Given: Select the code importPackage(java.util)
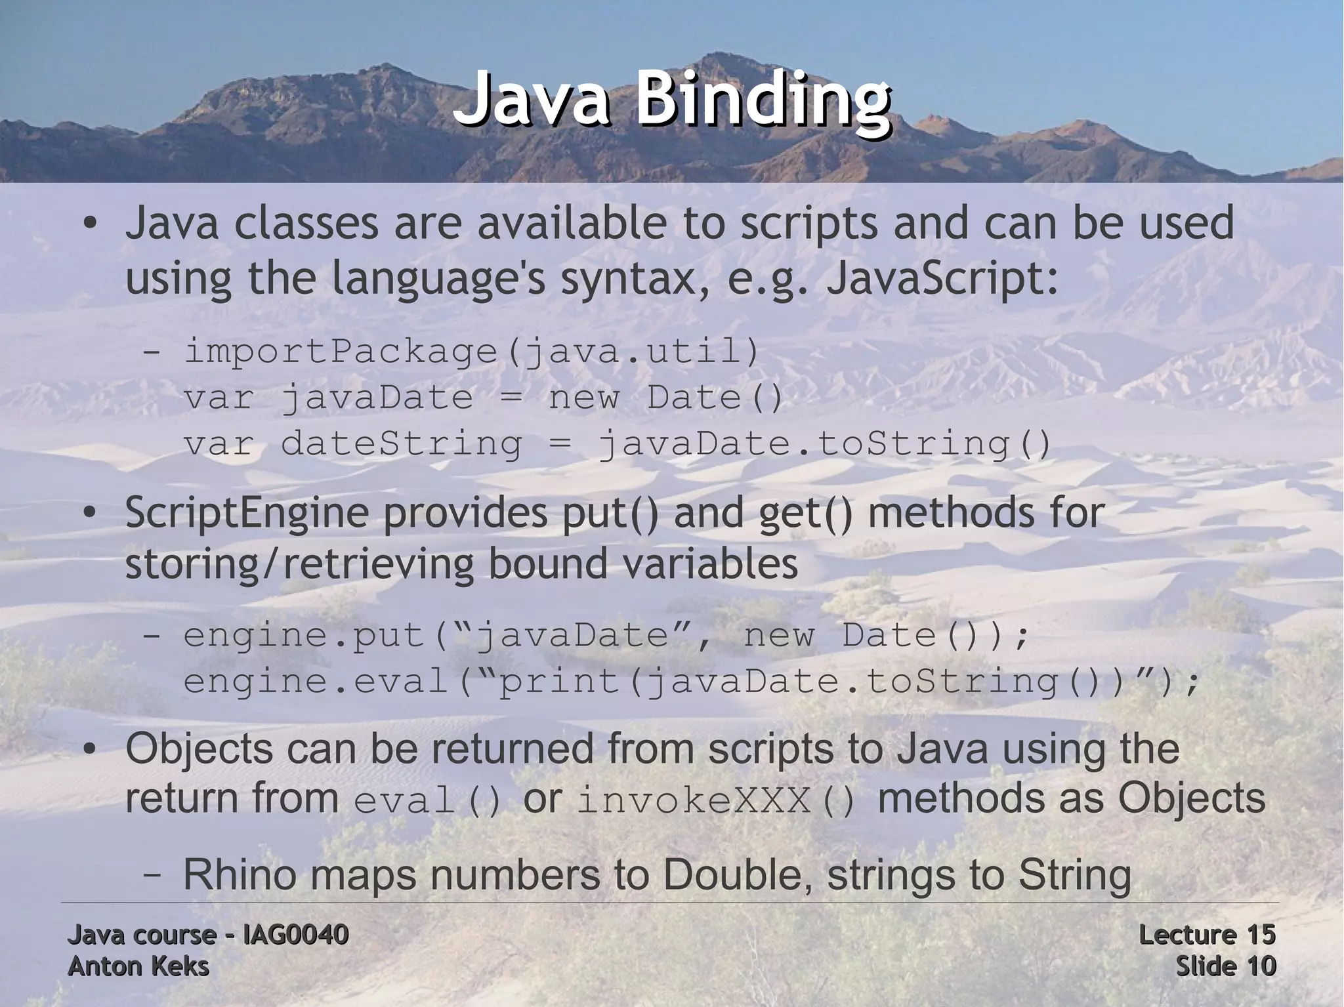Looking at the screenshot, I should pos(471,352).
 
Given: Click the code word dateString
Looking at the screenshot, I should pos(401,443).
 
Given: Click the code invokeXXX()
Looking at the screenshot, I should pos(717,801).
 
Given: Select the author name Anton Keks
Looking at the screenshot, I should pos(138,966).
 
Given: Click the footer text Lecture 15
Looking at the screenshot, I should pos(1207,934).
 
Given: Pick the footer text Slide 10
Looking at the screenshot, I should pos(1225,966).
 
